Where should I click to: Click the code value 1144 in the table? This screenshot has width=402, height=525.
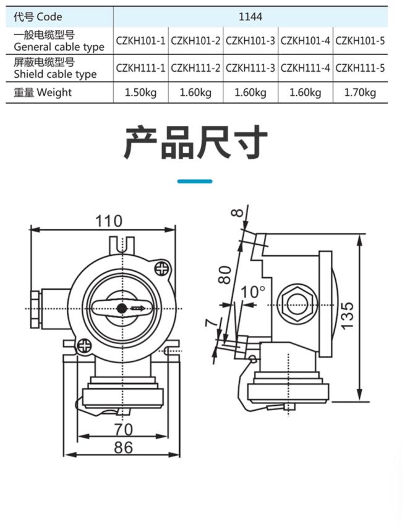[250, 17]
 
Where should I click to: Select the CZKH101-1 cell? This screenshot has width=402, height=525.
[141, 41]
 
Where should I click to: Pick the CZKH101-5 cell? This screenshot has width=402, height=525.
[360, 41]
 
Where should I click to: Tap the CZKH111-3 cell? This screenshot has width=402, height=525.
[250, 68]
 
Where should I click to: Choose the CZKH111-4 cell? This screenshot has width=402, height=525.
[306, 68]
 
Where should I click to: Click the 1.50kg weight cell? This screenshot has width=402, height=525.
[141, 93]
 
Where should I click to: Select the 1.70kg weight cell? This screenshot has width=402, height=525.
[360, 93]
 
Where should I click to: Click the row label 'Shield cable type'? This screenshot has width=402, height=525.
[55, 74]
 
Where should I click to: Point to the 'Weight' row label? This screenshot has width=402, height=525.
[54, 92]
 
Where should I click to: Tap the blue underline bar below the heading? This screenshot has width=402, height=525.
[195, 182]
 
